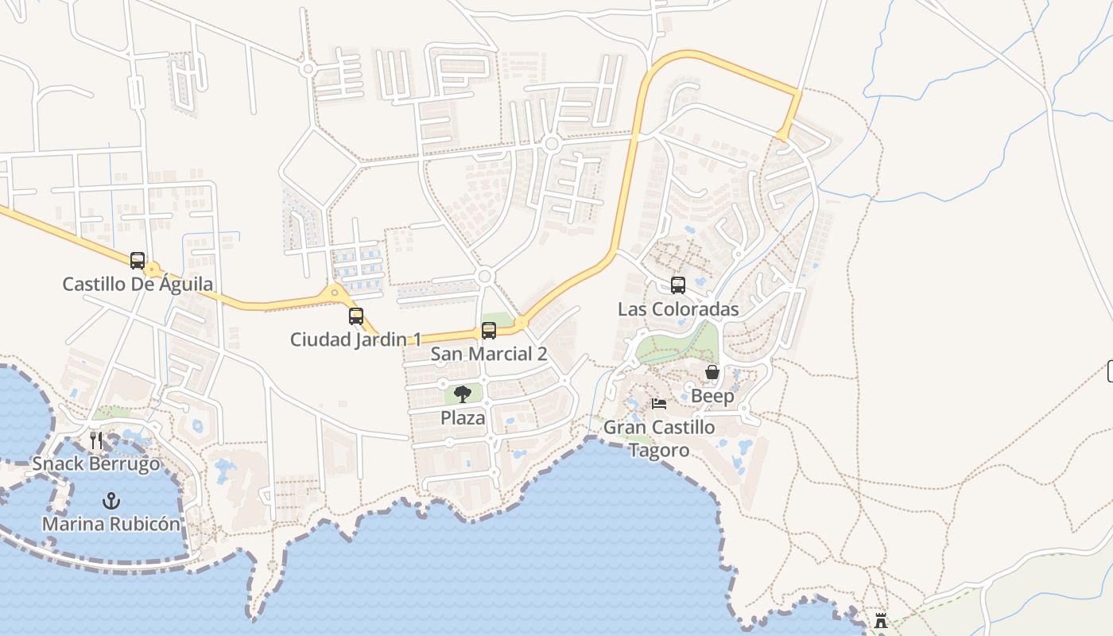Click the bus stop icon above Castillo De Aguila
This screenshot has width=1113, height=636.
[138, 260]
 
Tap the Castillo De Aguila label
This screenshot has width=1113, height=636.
[138, 284]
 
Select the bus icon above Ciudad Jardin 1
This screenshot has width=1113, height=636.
[356, 316]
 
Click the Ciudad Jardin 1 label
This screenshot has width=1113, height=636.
[355, 339]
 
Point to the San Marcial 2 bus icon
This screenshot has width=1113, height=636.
[489, 330]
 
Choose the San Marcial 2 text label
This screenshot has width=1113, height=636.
[489, 354]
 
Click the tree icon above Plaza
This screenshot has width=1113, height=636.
[463, 394]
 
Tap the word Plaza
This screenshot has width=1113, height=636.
[463, 417]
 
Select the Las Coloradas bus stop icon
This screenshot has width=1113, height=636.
[678, 285]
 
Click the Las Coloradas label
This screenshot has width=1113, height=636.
[678, 309]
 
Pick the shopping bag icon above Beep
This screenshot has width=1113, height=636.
[712, 372]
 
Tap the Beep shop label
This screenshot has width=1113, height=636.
[712, 396]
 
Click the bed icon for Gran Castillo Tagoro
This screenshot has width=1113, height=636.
[659, 404]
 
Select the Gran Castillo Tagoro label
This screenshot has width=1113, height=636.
[659, 438]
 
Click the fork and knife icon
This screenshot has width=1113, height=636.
[96, 440]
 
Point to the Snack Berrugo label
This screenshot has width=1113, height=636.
[96, 463]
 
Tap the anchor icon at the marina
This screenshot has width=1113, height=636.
[111, 501]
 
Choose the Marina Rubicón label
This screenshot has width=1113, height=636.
[111, 525]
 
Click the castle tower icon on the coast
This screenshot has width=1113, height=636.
[881, 621]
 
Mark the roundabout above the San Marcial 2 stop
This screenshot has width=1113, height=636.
[484, 277]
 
